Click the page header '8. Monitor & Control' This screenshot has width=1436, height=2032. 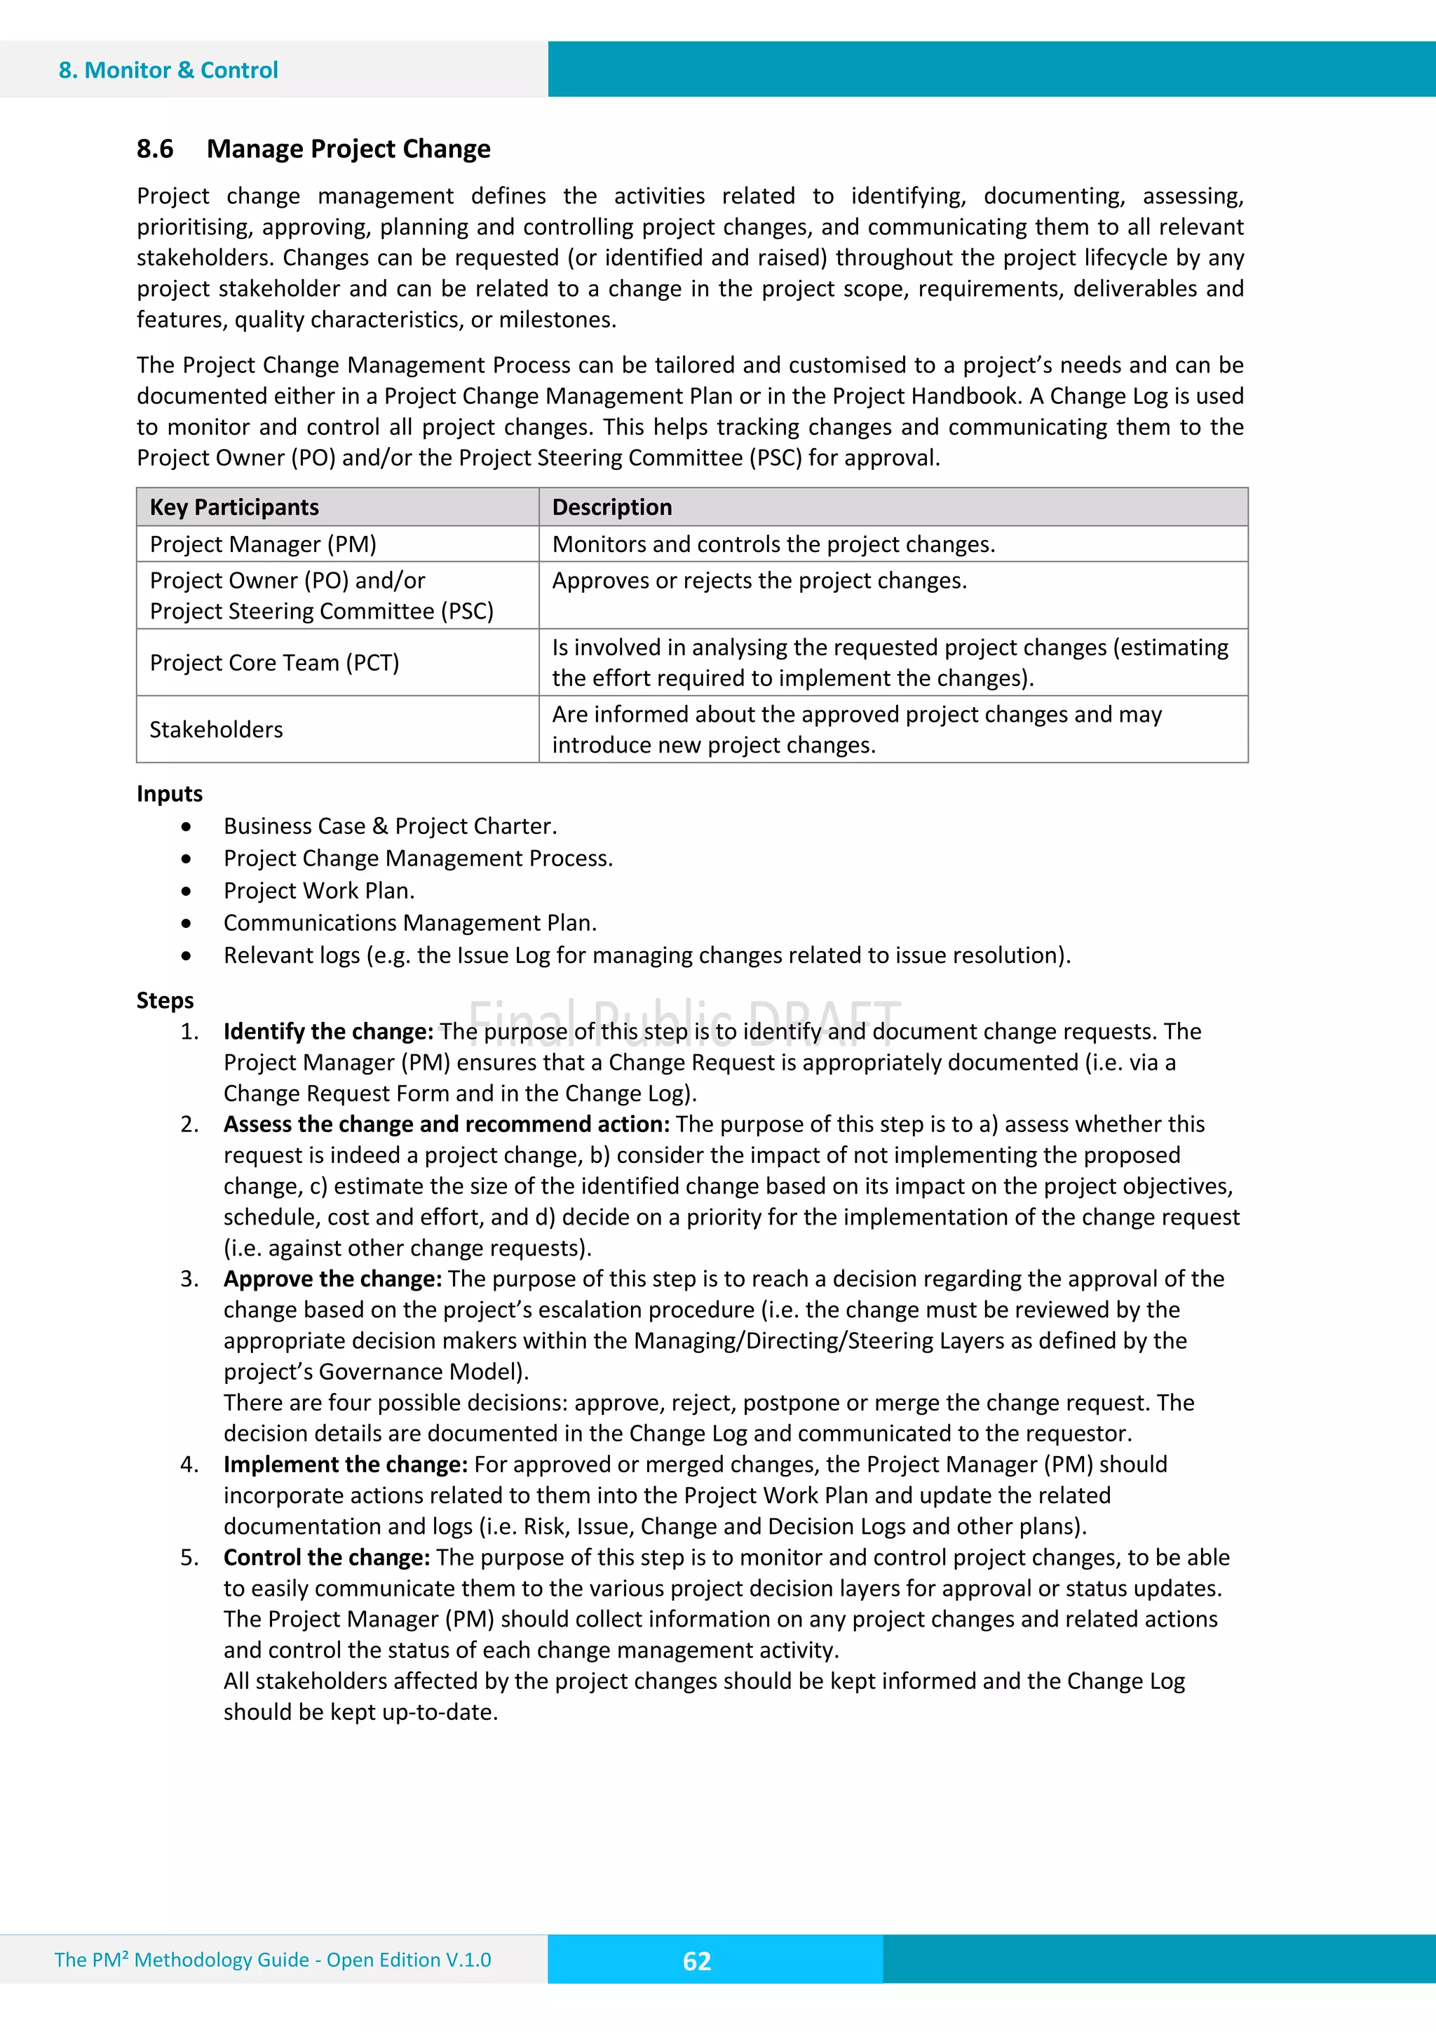click(168, 70)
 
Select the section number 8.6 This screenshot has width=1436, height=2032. click(155, 149)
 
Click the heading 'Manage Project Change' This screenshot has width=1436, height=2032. click(348, 149)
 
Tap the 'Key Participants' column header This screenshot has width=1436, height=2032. click(233, 507)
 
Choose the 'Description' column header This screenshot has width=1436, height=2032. click(611, 507)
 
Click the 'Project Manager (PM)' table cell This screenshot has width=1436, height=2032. click(263, 544)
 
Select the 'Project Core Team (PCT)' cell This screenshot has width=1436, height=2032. click(274, 663)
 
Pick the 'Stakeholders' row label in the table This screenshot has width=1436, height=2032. click(216, 730)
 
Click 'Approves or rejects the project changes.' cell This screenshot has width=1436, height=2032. click(759, 581)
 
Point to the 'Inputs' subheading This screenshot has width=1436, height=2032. click(169, 794)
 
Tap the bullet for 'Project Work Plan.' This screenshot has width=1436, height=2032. click(186, 891)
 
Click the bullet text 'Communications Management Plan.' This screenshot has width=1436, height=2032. click(409, 923)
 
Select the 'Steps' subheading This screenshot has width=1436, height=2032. click(165, 1001)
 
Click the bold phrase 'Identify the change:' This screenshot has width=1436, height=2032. click(328, 1032)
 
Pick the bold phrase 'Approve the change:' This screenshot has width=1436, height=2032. click(332, 1279)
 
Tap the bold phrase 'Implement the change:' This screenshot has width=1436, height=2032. click(345, 1465)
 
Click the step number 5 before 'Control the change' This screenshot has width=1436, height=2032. click(189, 1558)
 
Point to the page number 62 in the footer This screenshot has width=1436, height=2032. click(696, 1961)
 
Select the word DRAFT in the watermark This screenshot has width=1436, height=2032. click(824, 1021)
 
